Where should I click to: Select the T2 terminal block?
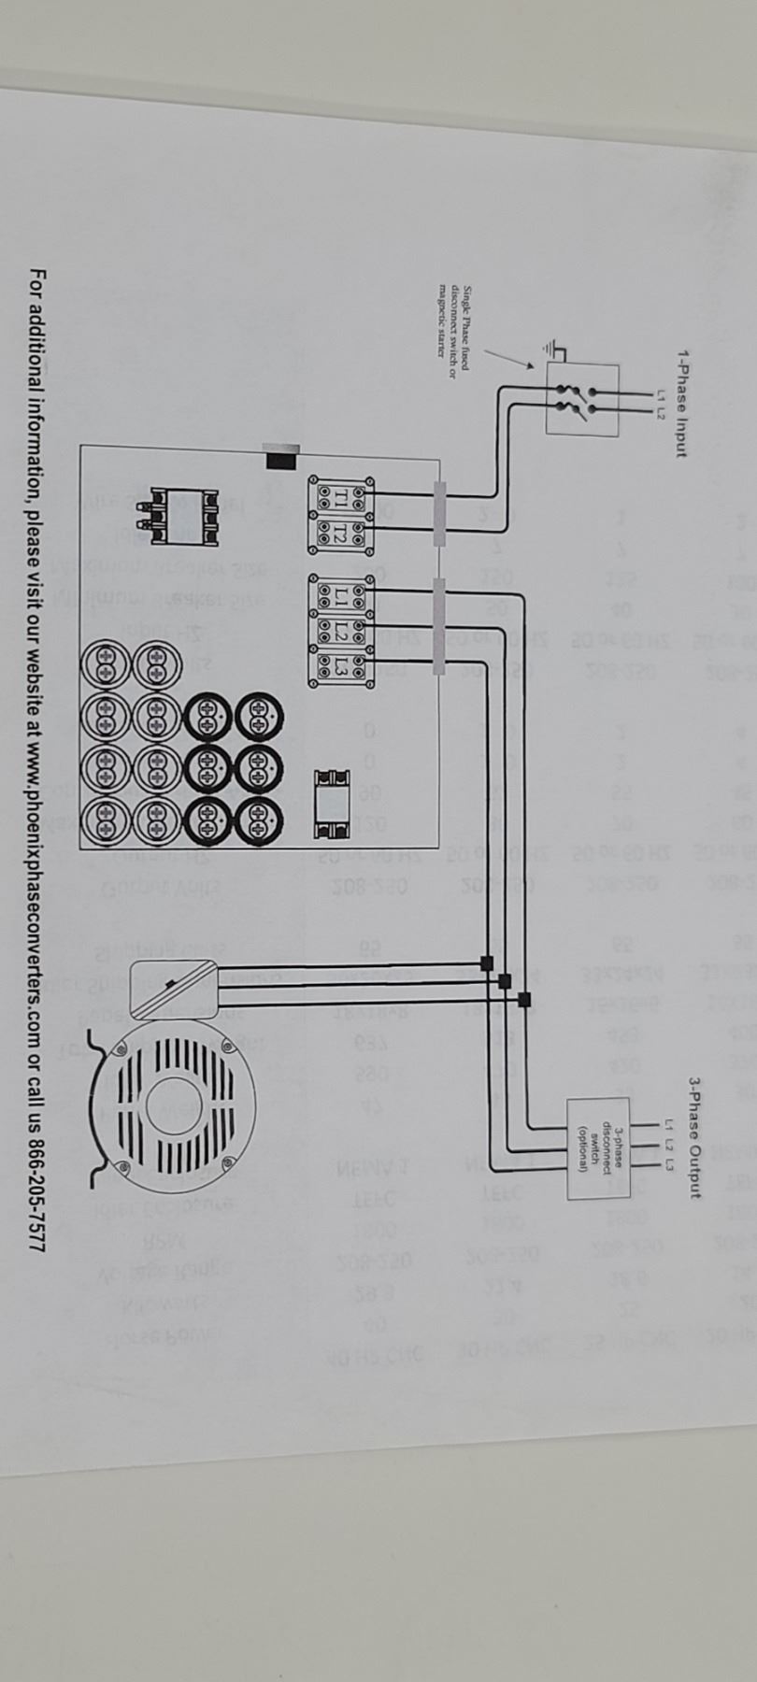coord(340,535)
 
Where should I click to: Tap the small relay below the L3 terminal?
coord(333,803)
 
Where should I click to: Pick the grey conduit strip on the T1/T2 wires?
coord(439,514)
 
